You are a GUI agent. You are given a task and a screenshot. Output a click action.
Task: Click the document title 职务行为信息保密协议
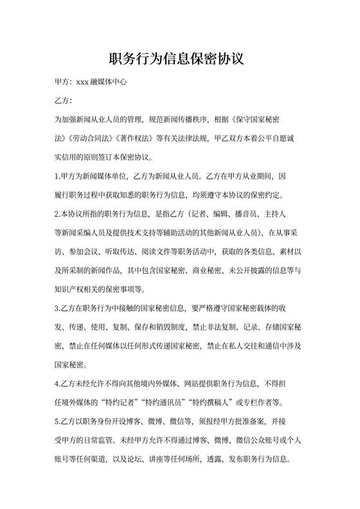179,59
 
